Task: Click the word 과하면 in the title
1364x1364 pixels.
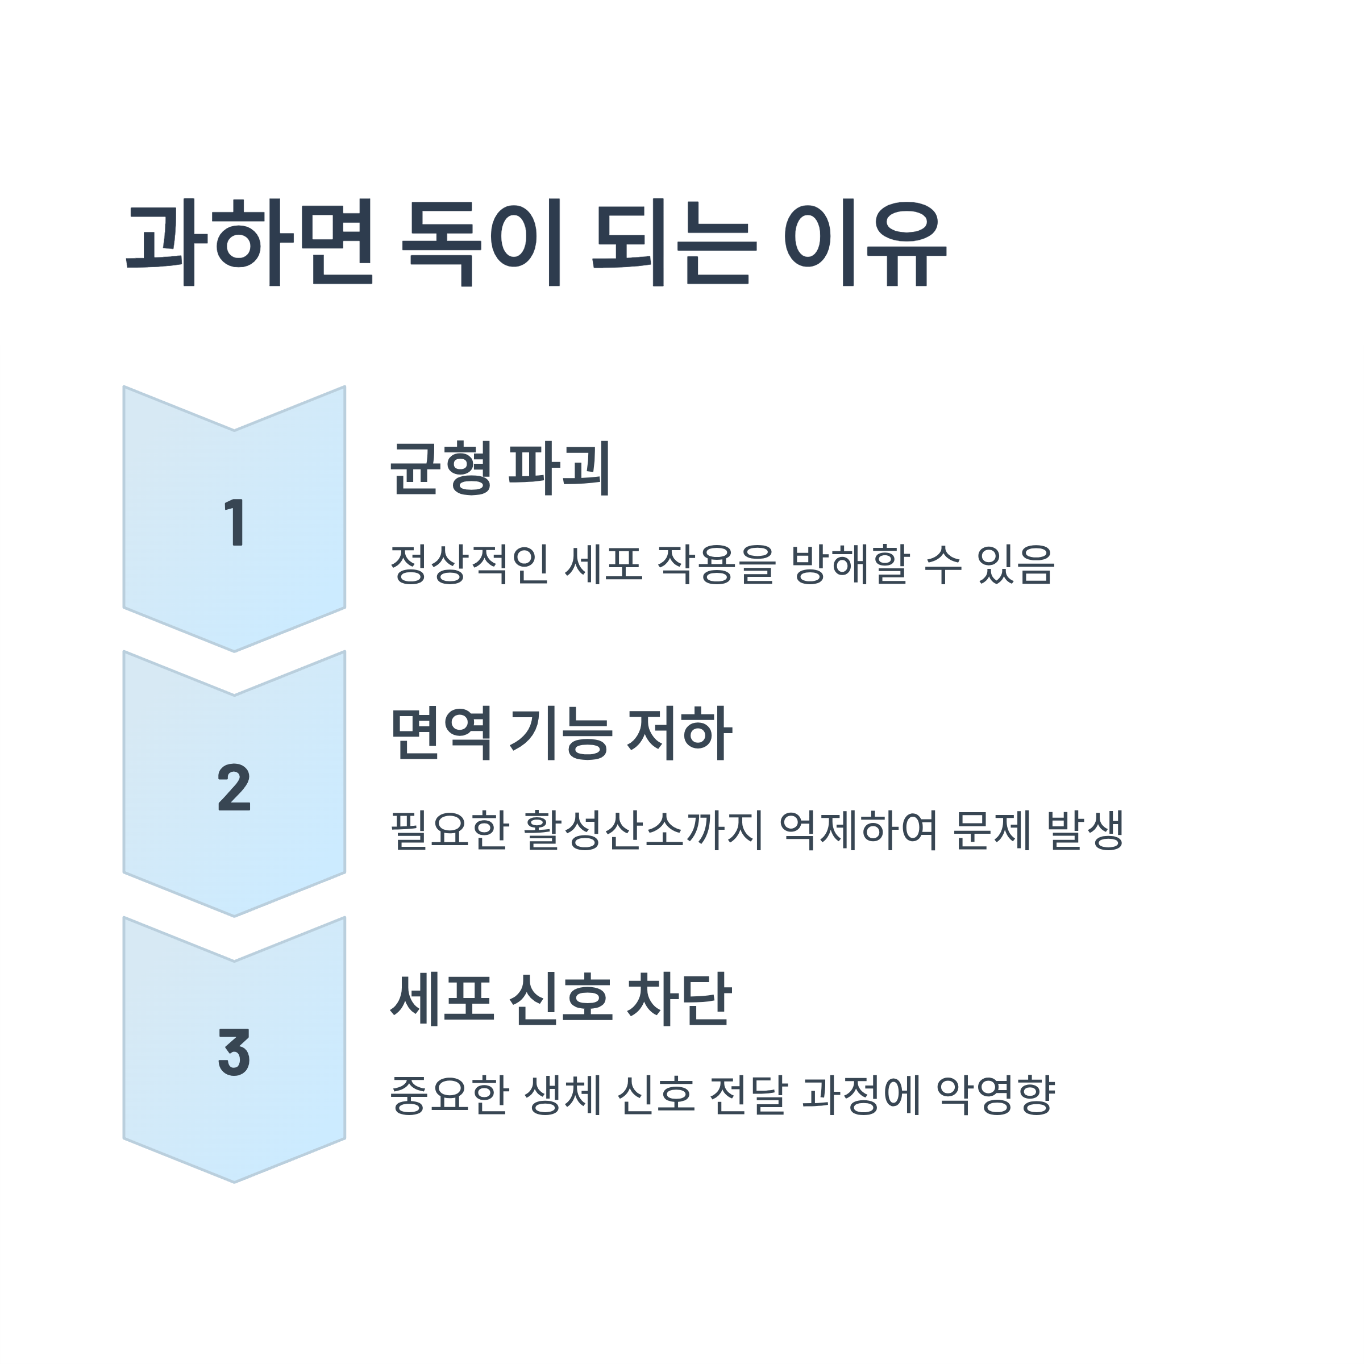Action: (x=248, y=244)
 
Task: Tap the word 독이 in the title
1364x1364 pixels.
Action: (x=481, y=244)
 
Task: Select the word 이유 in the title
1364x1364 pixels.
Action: (x=865, y=244)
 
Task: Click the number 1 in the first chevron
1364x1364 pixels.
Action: (x=234, y=522)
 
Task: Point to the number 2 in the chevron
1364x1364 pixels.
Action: (x=234, y=787)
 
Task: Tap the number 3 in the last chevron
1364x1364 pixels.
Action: (x=234, y=1053)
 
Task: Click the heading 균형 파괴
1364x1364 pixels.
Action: (x=500, y=468)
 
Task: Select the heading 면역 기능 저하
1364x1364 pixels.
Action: (x=562, y=734)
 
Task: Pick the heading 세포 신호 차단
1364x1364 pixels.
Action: (x=562, y=999)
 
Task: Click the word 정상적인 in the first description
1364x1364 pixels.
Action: (x=469, y=565)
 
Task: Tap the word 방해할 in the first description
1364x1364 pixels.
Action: (x=849, y=565)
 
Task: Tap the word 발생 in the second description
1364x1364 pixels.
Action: (x=1085, y=830)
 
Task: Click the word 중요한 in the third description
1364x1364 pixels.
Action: (x=450, y=1095)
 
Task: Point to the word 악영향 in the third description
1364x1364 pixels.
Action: (x=996, y=1095)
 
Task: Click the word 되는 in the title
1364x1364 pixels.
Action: (x=674, y=244)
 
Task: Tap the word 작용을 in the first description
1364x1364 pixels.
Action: (x=717, y=565)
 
